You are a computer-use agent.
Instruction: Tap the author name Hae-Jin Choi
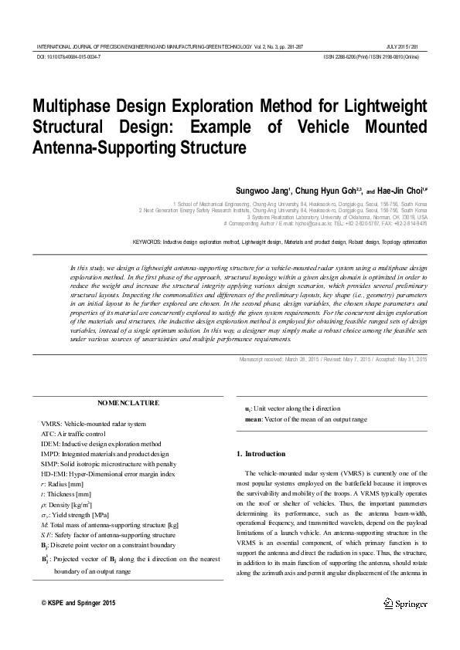404,190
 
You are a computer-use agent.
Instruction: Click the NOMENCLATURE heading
128,403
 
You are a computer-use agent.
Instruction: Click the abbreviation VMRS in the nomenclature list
50,424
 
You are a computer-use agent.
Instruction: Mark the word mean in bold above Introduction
253,418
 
